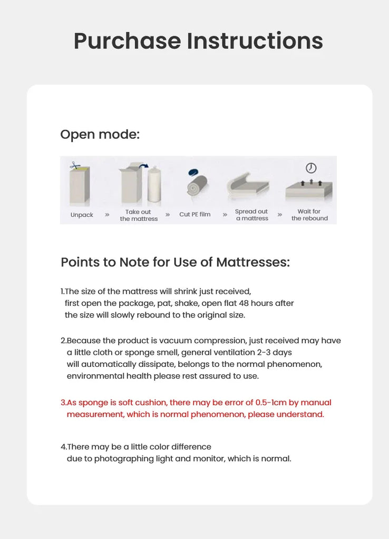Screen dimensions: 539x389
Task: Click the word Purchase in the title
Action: pos(127,41)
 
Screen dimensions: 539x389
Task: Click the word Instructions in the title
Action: pos(255,41)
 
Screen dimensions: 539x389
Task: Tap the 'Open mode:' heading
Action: pos(100,134)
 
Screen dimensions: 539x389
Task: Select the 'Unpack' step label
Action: pos(82,215)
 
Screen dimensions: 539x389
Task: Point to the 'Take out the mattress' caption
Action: pos(139,215)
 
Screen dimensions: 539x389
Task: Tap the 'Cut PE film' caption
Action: pos(194,215)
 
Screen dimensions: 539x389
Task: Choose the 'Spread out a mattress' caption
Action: pos(251,215)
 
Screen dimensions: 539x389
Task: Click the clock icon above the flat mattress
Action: pos(311,168)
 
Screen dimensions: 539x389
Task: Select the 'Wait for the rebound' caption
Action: pos(309,215)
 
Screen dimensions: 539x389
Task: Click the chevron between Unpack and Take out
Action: pos(107,215)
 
